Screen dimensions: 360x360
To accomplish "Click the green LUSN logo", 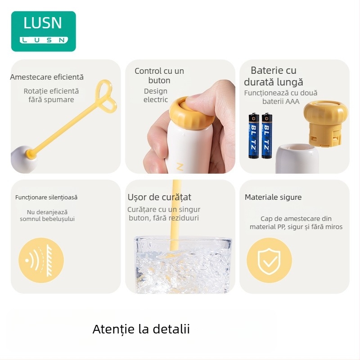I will [43, 31].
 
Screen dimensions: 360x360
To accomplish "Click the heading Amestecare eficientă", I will [47, 77].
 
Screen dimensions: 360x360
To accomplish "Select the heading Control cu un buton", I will [159, 76].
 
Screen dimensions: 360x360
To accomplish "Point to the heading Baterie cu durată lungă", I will [274, 76].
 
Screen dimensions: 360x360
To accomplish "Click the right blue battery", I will [267, 135].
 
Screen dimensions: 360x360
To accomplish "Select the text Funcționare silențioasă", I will [46, 197].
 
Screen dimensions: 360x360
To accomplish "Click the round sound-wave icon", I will [41, 260].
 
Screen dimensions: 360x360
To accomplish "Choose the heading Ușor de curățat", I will [159, 197].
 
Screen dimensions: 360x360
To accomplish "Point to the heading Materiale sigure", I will [273, 197].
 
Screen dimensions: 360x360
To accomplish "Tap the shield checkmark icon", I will [269, 260].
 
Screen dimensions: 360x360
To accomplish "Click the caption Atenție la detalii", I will [141, 329].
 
